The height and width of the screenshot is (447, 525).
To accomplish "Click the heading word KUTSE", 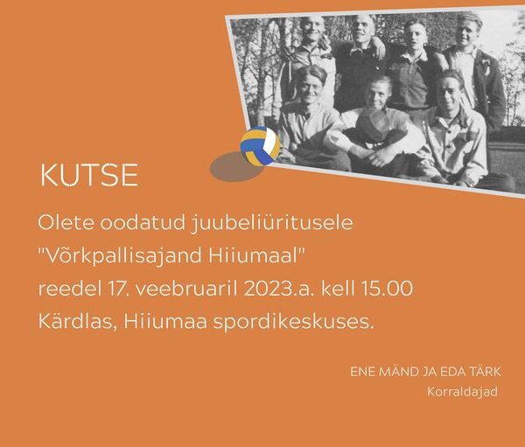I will point(88,175).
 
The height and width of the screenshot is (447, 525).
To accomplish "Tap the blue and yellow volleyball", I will point(260,146).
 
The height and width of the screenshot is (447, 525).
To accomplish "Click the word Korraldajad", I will point(462,392).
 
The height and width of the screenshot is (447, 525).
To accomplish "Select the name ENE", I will point(363,372).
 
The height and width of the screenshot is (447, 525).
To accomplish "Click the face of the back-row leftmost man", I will point(311,31).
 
